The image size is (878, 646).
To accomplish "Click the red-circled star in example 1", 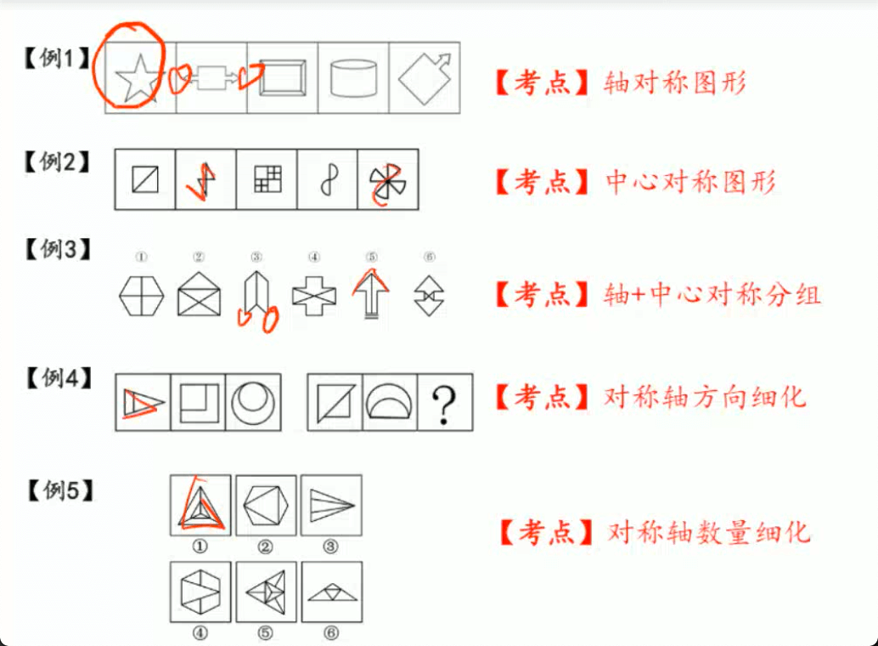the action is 137,78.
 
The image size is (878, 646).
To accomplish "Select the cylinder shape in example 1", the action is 353,78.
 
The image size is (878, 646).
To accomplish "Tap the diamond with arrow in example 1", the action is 425,78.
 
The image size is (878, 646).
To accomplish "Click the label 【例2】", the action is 57,162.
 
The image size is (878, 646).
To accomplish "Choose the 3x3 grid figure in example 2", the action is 267,178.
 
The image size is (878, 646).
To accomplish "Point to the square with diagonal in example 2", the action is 145,179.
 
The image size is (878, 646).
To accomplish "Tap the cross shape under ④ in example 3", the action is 314,296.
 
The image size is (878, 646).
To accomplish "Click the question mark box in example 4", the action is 445,403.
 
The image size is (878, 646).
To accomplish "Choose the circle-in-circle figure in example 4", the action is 253,403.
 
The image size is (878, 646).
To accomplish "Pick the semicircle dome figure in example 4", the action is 389,402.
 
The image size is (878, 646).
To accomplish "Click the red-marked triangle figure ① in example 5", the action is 200,506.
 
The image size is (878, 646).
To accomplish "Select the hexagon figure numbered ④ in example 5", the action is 200,592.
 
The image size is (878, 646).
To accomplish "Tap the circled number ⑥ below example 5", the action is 331,633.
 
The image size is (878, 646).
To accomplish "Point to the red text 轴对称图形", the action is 675,83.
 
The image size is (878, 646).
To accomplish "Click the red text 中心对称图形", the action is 690,182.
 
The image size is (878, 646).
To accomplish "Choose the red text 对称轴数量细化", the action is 708,532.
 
